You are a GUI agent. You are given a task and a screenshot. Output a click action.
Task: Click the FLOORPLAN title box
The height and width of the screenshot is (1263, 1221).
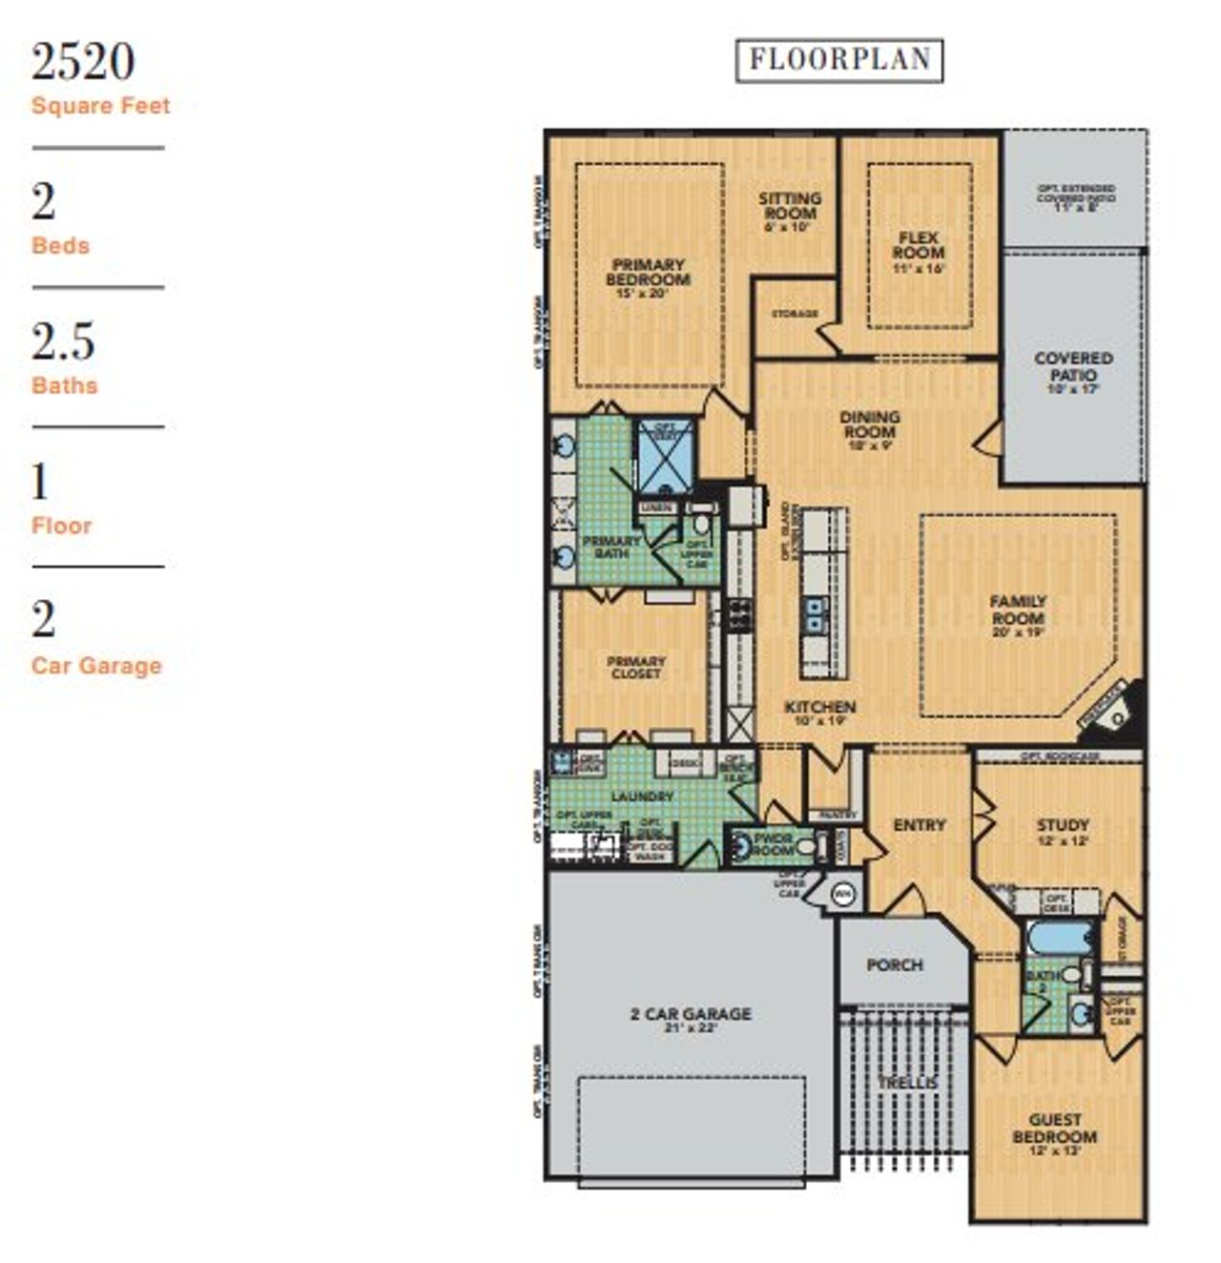point(839,60)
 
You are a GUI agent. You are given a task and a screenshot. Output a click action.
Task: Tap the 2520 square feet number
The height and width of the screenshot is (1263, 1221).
point(83,62)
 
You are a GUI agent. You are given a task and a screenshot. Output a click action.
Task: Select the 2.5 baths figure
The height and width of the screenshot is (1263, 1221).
point(63,342)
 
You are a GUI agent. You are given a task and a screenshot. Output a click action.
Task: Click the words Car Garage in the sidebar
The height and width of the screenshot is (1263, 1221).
point(96,666)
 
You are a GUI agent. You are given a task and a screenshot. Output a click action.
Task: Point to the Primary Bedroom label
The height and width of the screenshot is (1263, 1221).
point(648,273)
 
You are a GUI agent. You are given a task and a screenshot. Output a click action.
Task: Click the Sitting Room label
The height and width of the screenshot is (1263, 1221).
point(790,207)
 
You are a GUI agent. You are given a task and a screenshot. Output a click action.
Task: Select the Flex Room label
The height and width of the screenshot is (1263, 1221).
point(919,246)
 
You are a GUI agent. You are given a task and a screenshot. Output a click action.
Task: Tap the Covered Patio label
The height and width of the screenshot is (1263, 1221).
point(1073,367)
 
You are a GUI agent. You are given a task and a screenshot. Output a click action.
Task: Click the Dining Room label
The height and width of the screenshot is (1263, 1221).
point(869,425)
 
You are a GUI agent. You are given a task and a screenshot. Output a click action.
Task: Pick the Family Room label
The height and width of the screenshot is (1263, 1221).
point(1018,611)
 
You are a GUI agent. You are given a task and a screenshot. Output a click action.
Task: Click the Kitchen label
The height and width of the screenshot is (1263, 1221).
point(819,708)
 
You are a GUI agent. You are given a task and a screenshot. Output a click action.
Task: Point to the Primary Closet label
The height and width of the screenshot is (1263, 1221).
point(635,667)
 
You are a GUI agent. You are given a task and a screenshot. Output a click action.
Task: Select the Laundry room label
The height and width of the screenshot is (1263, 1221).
point(642,796)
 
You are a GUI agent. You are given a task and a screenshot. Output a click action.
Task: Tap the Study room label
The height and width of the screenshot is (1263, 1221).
point(1063,826)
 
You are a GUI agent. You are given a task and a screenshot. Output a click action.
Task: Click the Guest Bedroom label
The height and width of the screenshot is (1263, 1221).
point(1054,1128)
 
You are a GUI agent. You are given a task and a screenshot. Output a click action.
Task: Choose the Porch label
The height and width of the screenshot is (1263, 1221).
point(895,965)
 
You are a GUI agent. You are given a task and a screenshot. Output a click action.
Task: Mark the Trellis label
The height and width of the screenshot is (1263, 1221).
point(907,1083)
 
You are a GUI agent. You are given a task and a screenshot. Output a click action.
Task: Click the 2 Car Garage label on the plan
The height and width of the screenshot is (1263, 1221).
point(691,1015)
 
